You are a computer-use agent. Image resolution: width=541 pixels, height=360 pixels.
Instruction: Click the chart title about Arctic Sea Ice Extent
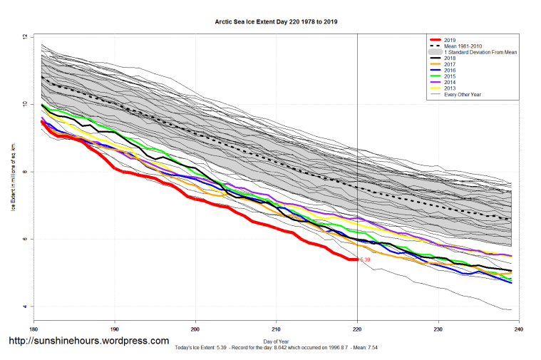click(277, 22)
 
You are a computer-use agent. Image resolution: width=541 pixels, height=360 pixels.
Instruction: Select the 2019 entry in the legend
click(449, 39)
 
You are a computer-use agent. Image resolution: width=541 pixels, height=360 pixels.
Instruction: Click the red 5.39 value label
click(366, 260)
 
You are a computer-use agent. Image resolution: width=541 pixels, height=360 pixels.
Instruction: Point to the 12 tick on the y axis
click(25, 37)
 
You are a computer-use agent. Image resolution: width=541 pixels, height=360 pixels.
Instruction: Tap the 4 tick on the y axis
click(25, 307)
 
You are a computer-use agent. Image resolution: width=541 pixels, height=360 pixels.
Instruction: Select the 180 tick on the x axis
click(33, 330)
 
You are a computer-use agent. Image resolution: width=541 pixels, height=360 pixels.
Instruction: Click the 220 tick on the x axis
click(357, 330)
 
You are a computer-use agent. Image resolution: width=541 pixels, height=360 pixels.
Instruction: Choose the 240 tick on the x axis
click(519, 330)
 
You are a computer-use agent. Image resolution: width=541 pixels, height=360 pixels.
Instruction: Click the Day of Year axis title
click(277, 342)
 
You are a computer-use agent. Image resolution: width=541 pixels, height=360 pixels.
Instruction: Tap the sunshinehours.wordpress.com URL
click(88, 341)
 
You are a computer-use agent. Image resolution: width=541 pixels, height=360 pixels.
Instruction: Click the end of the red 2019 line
click(356, 259)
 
